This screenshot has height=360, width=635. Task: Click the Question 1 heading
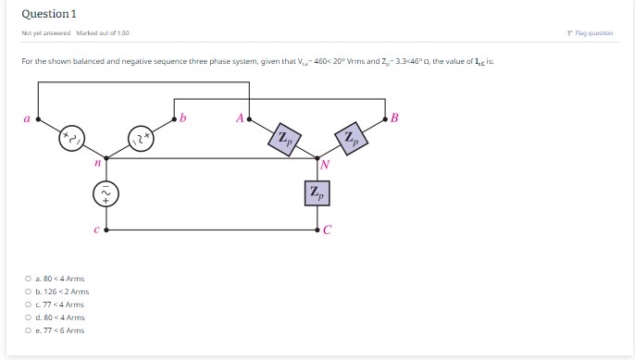click(48, 14)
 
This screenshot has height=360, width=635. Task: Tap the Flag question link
click(591, 33)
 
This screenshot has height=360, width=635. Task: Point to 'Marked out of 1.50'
click(103, 33)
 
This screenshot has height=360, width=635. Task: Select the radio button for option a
click(28, 279)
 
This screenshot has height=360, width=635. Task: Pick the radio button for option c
click(28, 304)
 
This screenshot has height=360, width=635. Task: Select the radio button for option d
click(28, 317)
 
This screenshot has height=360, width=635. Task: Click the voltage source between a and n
click(72, 140)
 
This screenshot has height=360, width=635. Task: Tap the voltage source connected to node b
click(141, 140)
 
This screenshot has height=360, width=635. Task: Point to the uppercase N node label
click(325, 166)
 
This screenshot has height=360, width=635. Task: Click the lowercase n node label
click(96, 163)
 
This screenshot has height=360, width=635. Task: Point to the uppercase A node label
click(240, 118)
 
